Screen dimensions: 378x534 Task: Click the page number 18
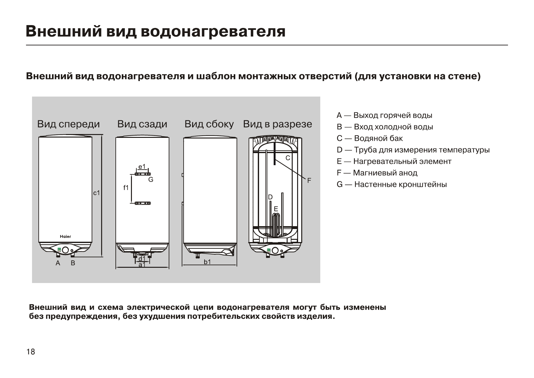coord(31,352)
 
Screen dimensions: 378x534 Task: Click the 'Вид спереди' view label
coord(68,124)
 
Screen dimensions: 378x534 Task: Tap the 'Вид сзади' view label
coord(142,124)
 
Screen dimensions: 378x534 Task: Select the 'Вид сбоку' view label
coord(209,124)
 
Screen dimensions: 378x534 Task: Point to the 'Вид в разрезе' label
coord(277,124)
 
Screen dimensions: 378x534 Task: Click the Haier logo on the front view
coord(66,237)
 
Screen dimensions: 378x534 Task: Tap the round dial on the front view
coord(66,250)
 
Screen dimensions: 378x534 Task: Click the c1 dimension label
coord(96,193)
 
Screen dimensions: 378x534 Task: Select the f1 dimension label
coord(126,188)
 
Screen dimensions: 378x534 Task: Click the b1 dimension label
coord(207,262)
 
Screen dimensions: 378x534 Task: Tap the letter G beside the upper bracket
coord(151,180)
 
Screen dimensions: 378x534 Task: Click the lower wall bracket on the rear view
coord(142,203)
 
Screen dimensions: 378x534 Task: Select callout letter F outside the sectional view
coord(309,181)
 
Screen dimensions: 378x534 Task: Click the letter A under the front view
coord(58,263)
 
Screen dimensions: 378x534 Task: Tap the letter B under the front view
coord(73,263)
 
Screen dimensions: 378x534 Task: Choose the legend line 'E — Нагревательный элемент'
coord(394,161)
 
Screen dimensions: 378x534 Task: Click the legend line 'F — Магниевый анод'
coord(377,173)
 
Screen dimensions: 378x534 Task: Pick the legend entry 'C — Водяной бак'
coord(370,138)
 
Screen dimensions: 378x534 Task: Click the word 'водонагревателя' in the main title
coord(213,32)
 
